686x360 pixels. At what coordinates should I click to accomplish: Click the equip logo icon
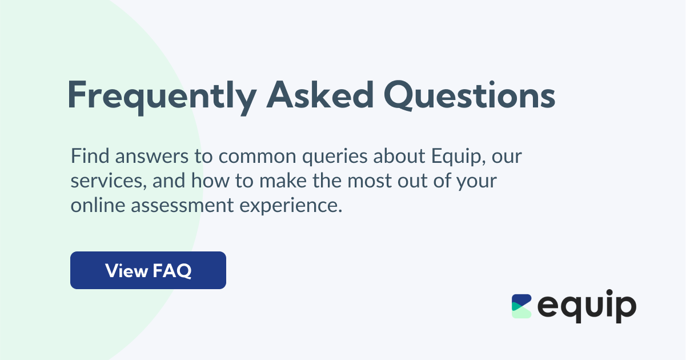pyautogui.click(x=521, y=306)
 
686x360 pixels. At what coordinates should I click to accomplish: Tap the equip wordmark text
pyautogui.click(x=587, y=307)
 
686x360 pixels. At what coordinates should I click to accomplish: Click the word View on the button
pyautogui.click(x=126, y=270)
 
